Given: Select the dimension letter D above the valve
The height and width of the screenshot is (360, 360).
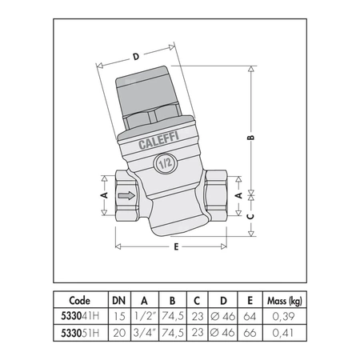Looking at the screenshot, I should coord(136,56).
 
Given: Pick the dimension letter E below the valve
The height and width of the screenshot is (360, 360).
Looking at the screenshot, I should coord(174,247).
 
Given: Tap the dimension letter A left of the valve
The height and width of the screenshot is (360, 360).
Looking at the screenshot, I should coord(103,194).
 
